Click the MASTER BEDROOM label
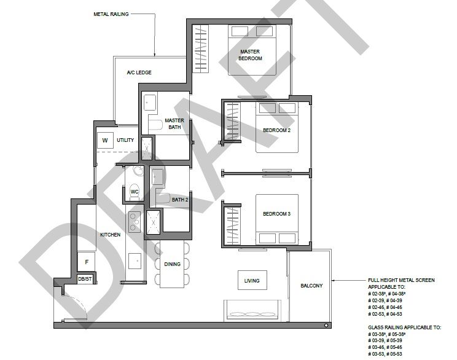tap(250, 55)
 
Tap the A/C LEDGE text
tap(139, 72)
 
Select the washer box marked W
tap(105, 141)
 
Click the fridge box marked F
tap(87, 262)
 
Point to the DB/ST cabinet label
tap(85, 279)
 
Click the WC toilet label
tap(135, 192)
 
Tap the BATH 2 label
tap(180, 200)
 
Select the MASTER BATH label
tap(174, 123)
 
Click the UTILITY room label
tap(125, 140)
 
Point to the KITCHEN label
tap(110, 235)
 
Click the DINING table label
tap(172, 264)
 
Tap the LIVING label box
tap(252, 280)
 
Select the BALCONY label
tap(311, 286)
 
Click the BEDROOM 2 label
tap(276, 130)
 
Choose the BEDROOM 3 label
tap(276, 214)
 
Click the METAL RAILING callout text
tap(111, 14)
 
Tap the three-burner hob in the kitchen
tap(134, 222)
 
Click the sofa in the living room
tap(252, 311)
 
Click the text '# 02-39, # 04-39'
tap(385, 300)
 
